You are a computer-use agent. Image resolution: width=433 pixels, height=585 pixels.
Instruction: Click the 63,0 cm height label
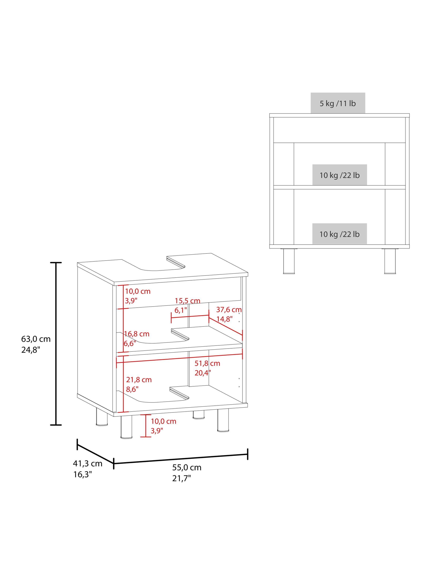point(36,339)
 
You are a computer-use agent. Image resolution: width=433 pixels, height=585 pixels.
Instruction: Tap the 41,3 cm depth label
point(87,463)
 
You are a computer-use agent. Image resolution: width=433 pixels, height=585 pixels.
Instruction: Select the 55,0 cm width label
point(187,467)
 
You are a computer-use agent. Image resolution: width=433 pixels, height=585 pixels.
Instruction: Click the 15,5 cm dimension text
point(187,301)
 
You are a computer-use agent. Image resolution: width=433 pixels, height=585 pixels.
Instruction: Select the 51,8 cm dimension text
point(207,363)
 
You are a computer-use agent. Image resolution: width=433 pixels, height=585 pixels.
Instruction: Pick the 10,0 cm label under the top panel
point(138,291)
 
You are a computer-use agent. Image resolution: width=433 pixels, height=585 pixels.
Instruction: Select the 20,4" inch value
point(203,373)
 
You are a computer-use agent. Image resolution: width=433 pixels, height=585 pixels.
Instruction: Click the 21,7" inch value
point(181,478)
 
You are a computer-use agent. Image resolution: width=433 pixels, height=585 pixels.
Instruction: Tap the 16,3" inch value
point(82,474)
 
